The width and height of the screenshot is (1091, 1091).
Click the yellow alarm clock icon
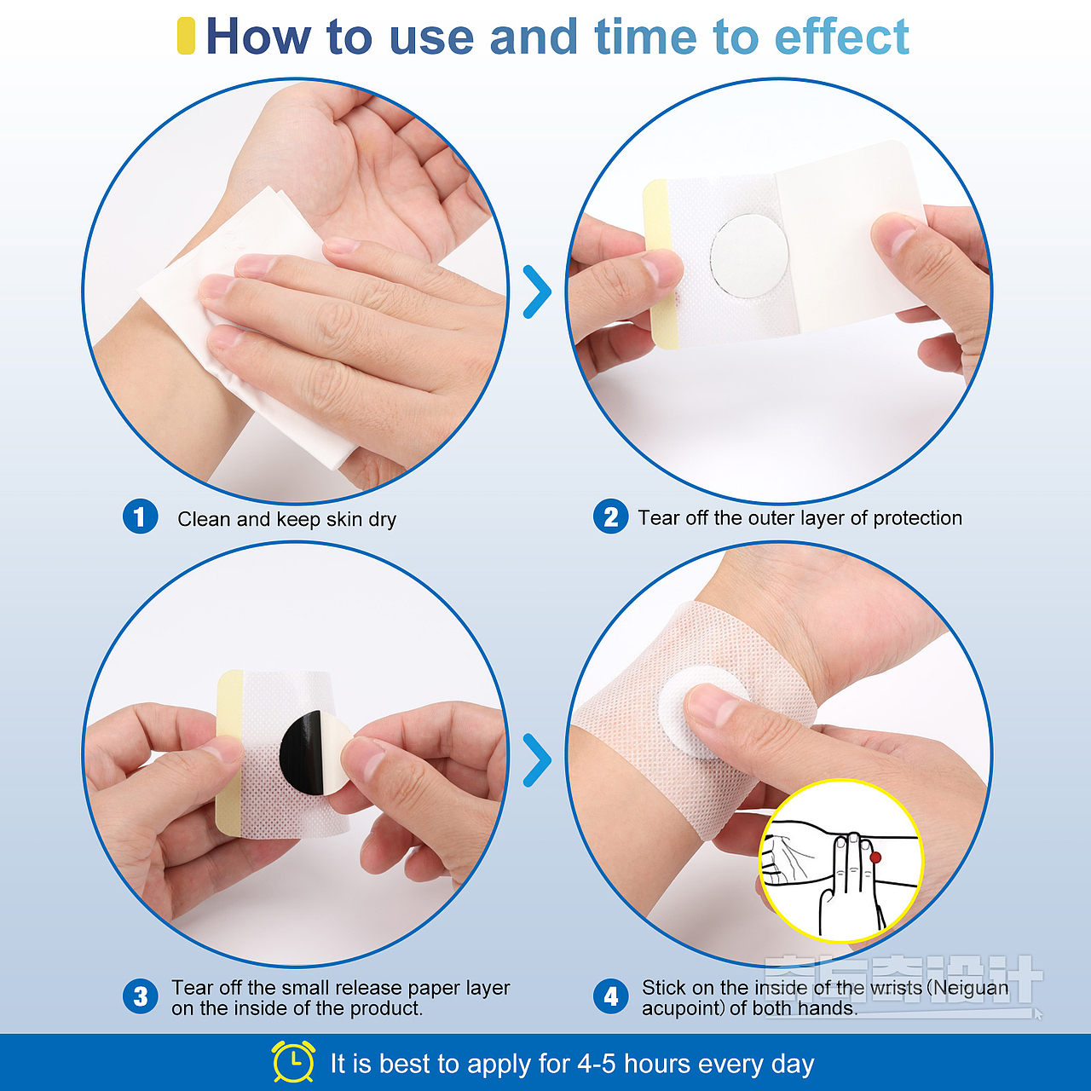point(292,1061)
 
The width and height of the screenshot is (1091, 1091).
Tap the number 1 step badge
point(140,517)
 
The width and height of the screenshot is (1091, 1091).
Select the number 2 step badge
point(610,517)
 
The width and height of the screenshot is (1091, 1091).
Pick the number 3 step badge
point(140,997)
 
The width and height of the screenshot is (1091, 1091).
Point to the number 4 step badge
point(610,997)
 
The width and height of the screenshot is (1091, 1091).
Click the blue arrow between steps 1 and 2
point(538,292)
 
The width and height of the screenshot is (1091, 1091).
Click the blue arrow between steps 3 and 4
point(538,760)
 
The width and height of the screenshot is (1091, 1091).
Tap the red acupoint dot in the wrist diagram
point(875,857)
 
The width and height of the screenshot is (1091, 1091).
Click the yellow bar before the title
point(186,36)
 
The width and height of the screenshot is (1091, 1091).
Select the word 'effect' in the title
point(841,37)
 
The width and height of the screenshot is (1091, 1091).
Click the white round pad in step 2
point(749,256)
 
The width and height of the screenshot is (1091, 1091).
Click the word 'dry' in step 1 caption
point(382,520)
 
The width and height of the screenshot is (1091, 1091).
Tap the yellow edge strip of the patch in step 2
point(660,263)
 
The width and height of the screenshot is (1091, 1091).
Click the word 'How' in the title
point(258,37)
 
